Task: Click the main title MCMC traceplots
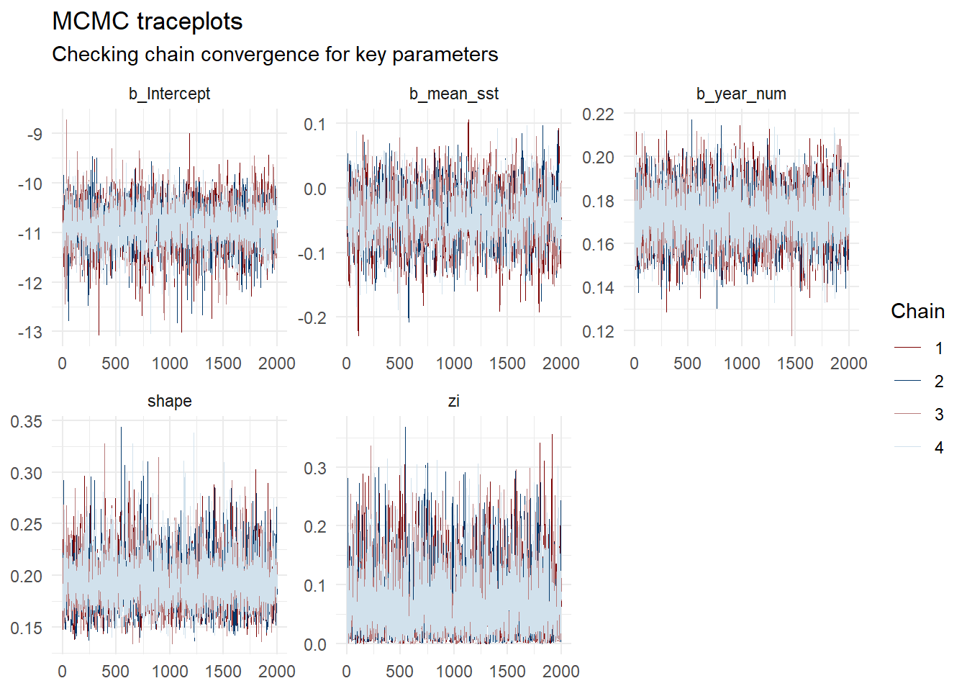(x=147, y=22)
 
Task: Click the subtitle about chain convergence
(x=275, y=55)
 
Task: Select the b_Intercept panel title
(x=170, y=94)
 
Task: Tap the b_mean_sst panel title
(x=453, y=94)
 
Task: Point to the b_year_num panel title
(x=741, y=94)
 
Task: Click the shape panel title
(x=170, y=401)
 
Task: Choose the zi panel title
(x=453, y=401)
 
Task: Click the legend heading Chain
(x=917, y=311)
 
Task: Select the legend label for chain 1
(x=938, y=348)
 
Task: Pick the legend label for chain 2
(x=938, y=381)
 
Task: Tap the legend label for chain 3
(x=938, y=415)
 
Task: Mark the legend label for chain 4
(x=938, y=448)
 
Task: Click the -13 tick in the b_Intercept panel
(x=29, y=333)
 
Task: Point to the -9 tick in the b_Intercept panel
(x=34, y=134)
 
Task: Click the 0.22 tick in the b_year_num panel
(x=598, y=114)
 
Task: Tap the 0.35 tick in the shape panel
(x=26, y=422)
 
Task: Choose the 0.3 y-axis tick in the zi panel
(x=314, y=469)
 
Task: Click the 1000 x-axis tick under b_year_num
(x=741, y=363)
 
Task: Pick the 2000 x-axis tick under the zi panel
(x=560, y=672)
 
